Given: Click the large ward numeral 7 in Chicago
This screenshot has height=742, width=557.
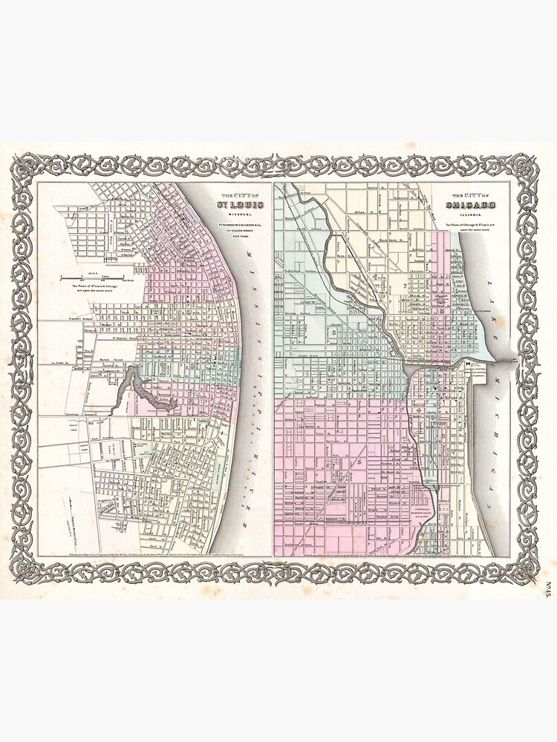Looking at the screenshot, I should [405, 286].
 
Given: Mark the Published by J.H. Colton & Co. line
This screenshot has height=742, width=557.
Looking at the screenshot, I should [235, 225].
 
